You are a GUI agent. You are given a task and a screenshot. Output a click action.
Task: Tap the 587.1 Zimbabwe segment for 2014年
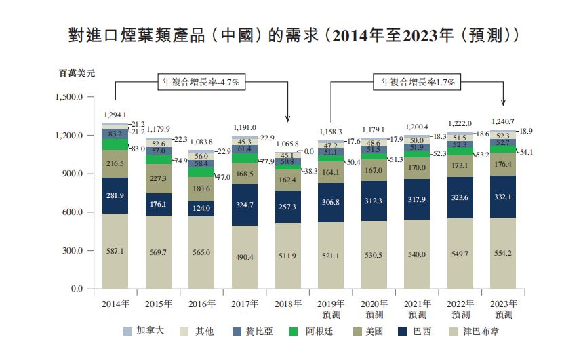(115, 251)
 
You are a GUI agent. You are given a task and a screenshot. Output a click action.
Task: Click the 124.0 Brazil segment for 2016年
(201, 208)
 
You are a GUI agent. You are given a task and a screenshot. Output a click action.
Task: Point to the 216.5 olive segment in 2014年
(115, 164)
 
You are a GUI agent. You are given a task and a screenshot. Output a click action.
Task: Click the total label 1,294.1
(115, 115)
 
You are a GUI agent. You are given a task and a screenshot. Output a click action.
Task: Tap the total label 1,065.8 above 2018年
(287, 144)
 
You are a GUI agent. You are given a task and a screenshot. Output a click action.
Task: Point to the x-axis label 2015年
(158, 303)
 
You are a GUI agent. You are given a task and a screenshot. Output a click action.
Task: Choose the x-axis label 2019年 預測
(330, 308)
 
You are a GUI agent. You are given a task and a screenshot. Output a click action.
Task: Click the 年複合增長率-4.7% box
(201, 81)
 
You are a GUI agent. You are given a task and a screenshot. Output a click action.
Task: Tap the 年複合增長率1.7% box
(417, 81)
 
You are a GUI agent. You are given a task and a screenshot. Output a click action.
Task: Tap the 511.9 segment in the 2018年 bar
(287, 256)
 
